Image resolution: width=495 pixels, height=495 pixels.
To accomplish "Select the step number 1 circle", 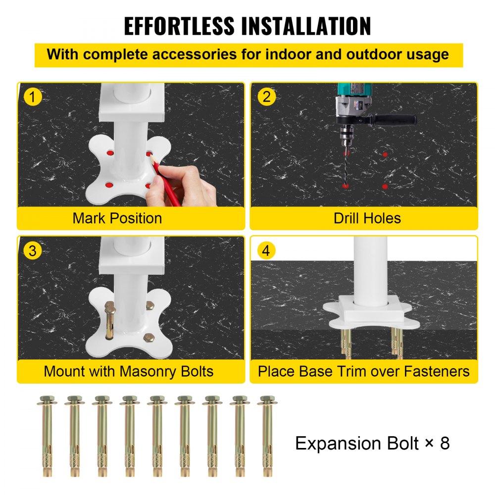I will pos(33,97).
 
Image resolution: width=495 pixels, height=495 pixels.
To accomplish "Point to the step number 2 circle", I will pos(267,97).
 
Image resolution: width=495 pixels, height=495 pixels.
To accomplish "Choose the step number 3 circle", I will pos(33,250).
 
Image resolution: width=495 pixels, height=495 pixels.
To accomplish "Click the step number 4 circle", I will pos(267,250).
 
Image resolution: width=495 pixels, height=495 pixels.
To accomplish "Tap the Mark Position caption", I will pos(117,218).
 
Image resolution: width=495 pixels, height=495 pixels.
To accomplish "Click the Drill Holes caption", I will pos(367,218).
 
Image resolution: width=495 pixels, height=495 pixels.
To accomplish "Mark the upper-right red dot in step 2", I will pos(385,154).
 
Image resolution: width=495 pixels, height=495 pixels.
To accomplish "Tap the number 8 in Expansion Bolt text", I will pos(444,443).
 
